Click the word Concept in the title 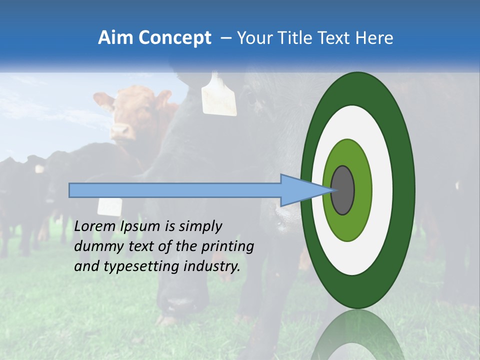(174, 38)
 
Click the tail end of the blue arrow (70, 190)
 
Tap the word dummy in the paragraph (97, 246)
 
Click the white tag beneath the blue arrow (109, 206)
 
